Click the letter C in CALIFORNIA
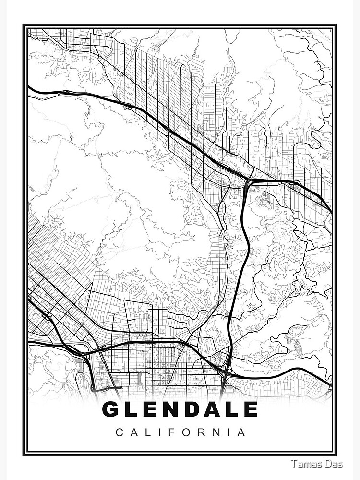pyautogui.click(x=119, y=432)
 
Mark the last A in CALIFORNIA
pyautogui.click(x=242, y=432)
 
